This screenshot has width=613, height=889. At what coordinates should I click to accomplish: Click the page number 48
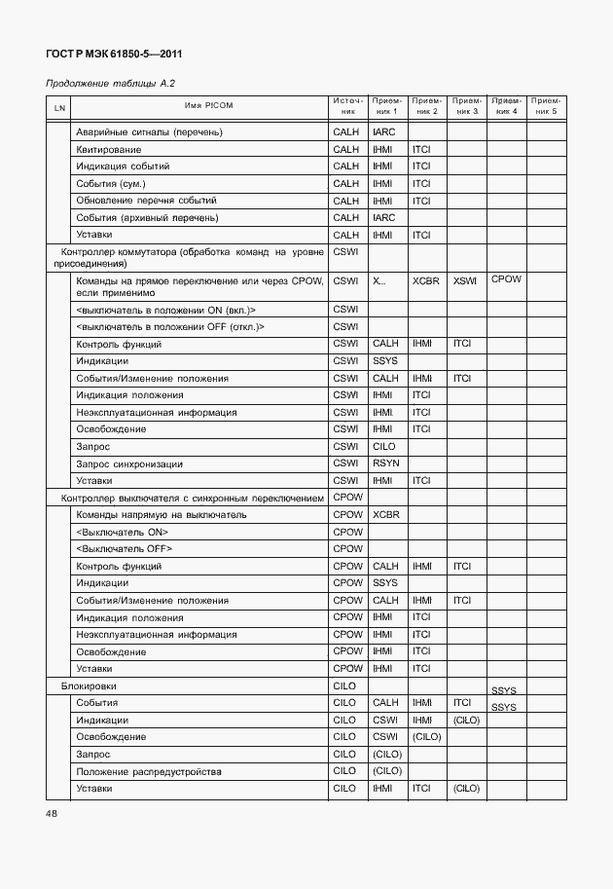click(x=52, y=814)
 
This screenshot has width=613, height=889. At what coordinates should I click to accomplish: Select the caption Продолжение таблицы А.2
click(x=110, y=85)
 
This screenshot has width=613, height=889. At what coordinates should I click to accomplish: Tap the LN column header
click(x=59, y=106)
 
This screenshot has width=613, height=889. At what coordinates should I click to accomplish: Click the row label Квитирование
click(x=108, y=149)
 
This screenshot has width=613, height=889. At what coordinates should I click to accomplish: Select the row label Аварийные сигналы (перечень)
click(x=149, y=131)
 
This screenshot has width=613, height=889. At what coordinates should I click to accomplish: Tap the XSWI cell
click(x=465, y=281)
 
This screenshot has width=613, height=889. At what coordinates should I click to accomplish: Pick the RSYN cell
click(x=386, y=463)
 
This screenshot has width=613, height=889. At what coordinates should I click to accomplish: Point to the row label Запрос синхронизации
click(x=129, y=463)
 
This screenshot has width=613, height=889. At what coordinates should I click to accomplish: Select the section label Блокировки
click(x=90, y=686)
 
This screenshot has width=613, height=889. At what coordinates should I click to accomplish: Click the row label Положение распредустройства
click(x=148, y=771)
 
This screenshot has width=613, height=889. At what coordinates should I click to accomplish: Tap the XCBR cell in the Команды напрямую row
click(x=386, y=514)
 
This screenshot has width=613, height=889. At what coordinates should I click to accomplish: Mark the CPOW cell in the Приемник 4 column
click(x=506, y=279)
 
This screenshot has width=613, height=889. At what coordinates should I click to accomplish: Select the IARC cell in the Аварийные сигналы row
click(x=383, y=131)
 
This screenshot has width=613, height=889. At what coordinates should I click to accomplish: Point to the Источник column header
click(x=346, y=106)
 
